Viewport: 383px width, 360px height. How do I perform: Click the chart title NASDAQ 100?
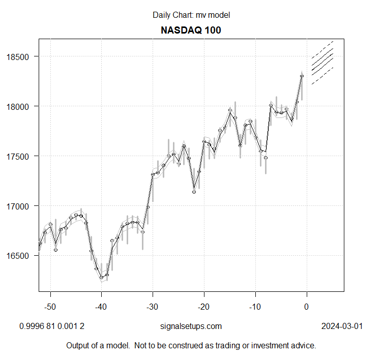click(191, 30)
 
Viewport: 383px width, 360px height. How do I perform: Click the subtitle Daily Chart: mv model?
click(191, 15)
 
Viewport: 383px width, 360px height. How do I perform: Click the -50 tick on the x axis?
click(50, 307)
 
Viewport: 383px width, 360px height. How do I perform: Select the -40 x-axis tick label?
click(101, 307)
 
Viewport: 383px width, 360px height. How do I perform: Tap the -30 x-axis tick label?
click(153, 307)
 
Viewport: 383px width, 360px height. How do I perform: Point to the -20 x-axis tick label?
click(203, 307)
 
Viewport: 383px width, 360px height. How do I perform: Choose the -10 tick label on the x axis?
click(255, 307)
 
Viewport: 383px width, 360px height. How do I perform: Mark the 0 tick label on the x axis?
click(306, 307)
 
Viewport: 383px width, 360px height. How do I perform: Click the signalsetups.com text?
click(191, 326)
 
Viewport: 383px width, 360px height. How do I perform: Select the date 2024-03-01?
click(342, 326)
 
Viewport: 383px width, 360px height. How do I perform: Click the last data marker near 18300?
click(302, 76)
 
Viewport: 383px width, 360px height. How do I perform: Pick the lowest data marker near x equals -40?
click(101, 278)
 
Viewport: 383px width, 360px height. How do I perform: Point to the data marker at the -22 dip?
click(194, 192)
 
